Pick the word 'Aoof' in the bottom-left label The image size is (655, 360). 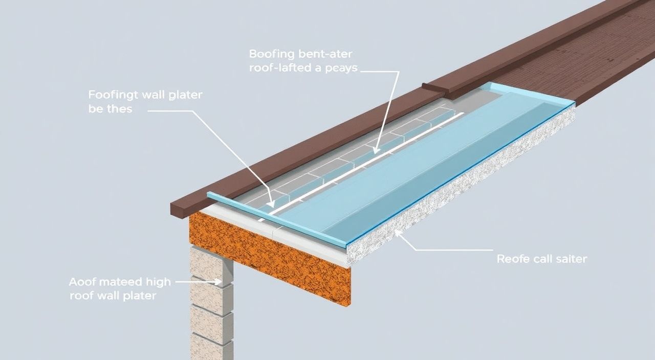[x=80, y=282]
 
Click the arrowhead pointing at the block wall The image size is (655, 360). [x=217, y=282]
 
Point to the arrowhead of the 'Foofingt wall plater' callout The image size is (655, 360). [x=271, y=204]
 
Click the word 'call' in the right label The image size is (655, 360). [x=541, y=259]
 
